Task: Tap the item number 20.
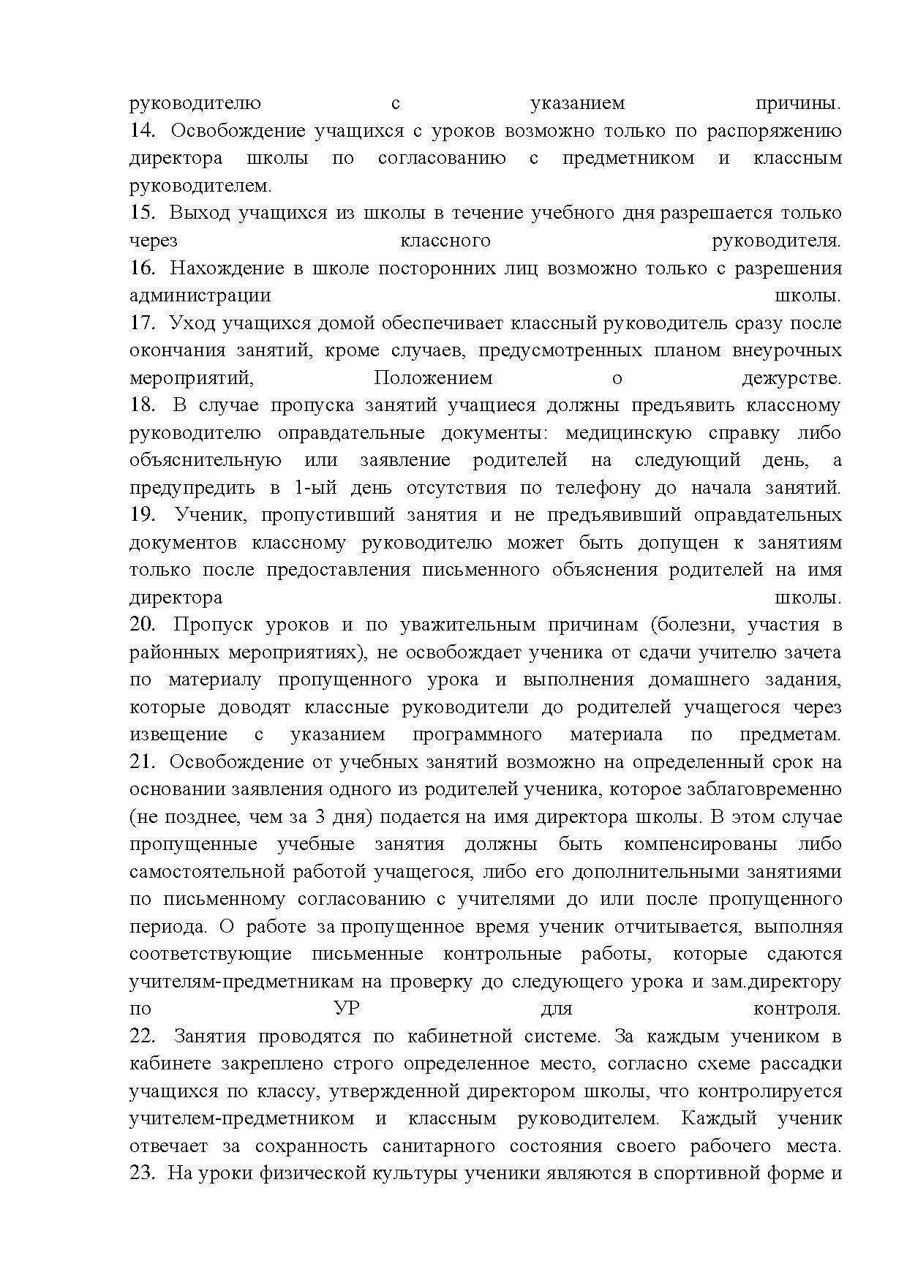click(x=143, y=625)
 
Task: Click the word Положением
click(x=433, y=378)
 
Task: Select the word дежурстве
click(x=791, y=378)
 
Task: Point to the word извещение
click(x=178, y=734)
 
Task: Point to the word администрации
click(x=200, y=296)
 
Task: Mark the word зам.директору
click(x=776, y=982)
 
